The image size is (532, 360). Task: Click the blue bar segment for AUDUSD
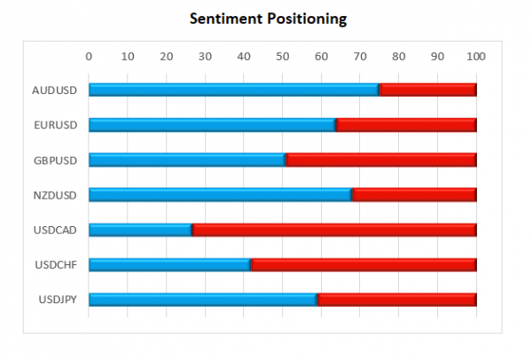click(233, 90)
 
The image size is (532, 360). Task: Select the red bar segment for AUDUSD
click(428, 90)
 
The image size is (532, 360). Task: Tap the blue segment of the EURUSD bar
click(212, 125)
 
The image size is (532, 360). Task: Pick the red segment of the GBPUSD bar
click(381, 160)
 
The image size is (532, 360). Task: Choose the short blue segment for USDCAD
click(140, 230)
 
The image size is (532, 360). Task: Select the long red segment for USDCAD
click(334, 230)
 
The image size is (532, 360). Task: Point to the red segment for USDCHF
click(364, 264)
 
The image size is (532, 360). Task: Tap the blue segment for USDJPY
click(203, 300)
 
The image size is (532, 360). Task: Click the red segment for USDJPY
click(397, 300)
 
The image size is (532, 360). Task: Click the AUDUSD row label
click(54, 90)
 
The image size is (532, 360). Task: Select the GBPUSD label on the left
click(54, 160)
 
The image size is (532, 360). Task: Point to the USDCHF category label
click(55, 264)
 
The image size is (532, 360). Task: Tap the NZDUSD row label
click(54, 194)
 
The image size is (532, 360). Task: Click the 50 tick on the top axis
click(283, 57)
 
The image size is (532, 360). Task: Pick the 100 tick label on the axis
click(477, 57)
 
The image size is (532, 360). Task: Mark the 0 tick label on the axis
click(89, 57)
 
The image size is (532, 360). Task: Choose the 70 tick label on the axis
click(360, 57)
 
